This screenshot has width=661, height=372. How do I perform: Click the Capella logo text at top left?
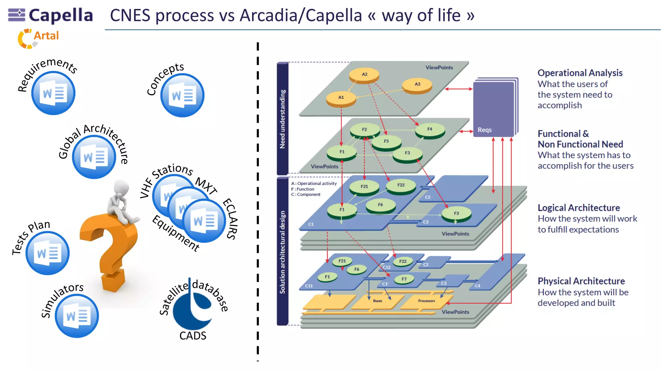tap(61, 15)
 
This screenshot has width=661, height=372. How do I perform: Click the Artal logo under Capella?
tap(39, 37)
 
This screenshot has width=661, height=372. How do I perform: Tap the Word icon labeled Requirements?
tap(53, 93)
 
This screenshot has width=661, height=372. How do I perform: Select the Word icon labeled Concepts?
tap(182, 96)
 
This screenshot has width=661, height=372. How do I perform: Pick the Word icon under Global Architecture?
tap(94, 157)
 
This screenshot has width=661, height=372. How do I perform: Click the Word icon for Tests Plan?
tap(47, 253)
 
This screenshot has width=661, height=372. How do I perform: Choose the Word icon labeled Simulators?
tap(77, 316)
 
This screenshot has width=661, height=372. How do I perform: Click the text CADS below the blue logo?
tap(193, 336)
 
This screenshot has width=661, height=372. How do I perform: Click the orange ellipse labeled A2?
tap(364, 75)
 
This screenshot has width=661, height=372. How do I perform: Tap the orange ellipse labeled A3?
tap(417, 85)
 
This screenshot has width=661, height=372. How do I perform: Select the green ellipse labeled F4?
tap(430, 130)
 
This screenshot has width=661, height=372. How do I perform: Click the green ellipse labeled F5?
tap(386, 142)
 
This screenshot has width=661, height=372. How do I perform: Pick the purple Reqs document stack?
tap(495, 108)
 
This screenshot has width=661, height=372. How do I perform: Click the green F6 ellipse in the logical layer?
tap(381, 205)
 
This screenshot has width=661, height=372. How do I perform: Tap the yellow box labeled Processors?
tap(426, 301)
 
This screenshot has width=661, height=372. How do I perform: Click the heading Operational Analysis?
tap(580, 73)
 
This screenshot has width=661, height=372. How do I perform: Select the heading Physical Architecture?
tap(581, 281)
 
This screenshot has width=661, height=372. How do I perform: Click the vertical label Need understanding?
tap(282, 119)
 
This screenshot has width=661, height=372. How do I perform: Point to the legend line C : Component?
tap(306, 194)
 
